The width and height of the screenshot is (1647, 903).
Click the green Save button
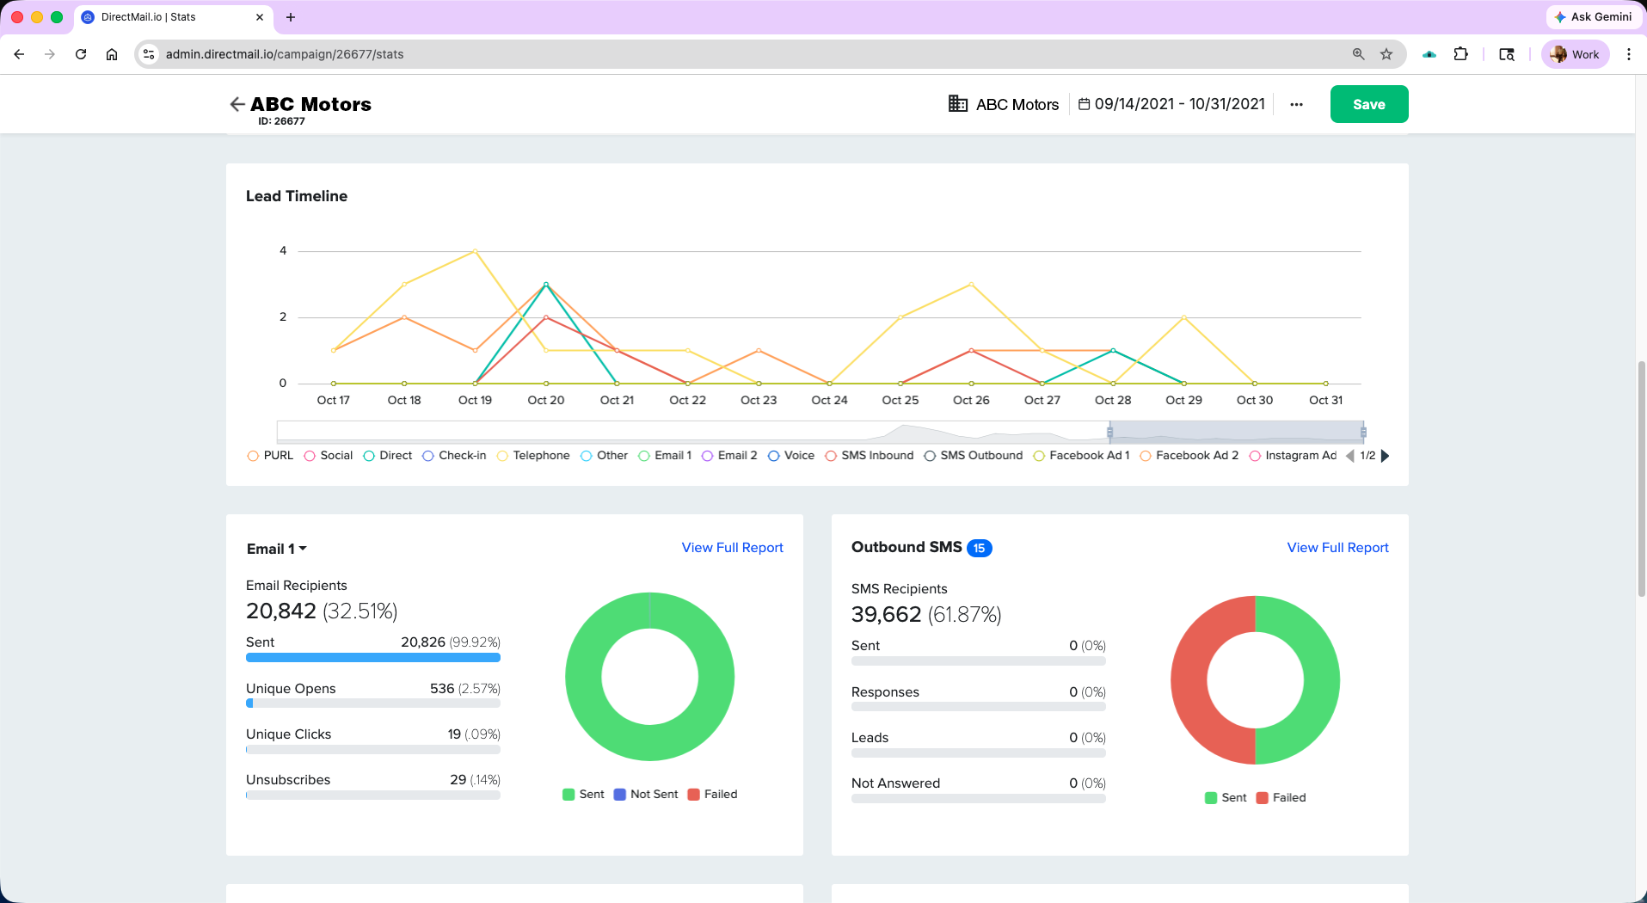pos(1368,104)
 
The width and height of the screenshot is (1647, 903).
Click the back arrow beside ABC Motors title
pos(237,104)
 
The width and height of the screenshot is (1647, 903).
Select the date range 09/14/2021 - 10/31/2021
pos(1171,104)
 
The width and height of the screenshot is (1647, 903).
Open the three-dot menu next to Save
pos(1296,104)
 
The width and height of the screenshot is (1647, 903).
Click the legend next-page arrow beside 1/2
pos(1385,456)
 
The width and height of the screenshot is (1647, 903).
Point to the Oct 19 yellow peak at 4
pos(475,251)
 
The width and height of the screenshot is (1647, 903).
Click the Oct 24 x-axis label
pos(829,400)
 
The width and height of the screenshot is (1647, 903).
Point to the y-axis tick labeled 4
pos(283,251)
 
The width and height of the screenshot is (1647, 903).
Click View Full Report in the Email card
pos(732,548)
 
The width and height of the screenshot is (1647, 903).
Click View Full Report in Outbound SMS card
pos(1337,548)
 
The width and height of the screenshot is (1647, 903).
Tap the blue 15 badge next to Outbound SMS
pos(979,548)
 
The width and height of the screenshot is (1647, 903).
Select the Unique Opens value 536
pos(442,689)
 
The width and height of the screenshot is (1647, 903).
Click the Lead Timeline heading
pos(297,196)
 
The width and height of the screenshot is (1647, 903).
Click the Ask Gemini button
pos(1593,16)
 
